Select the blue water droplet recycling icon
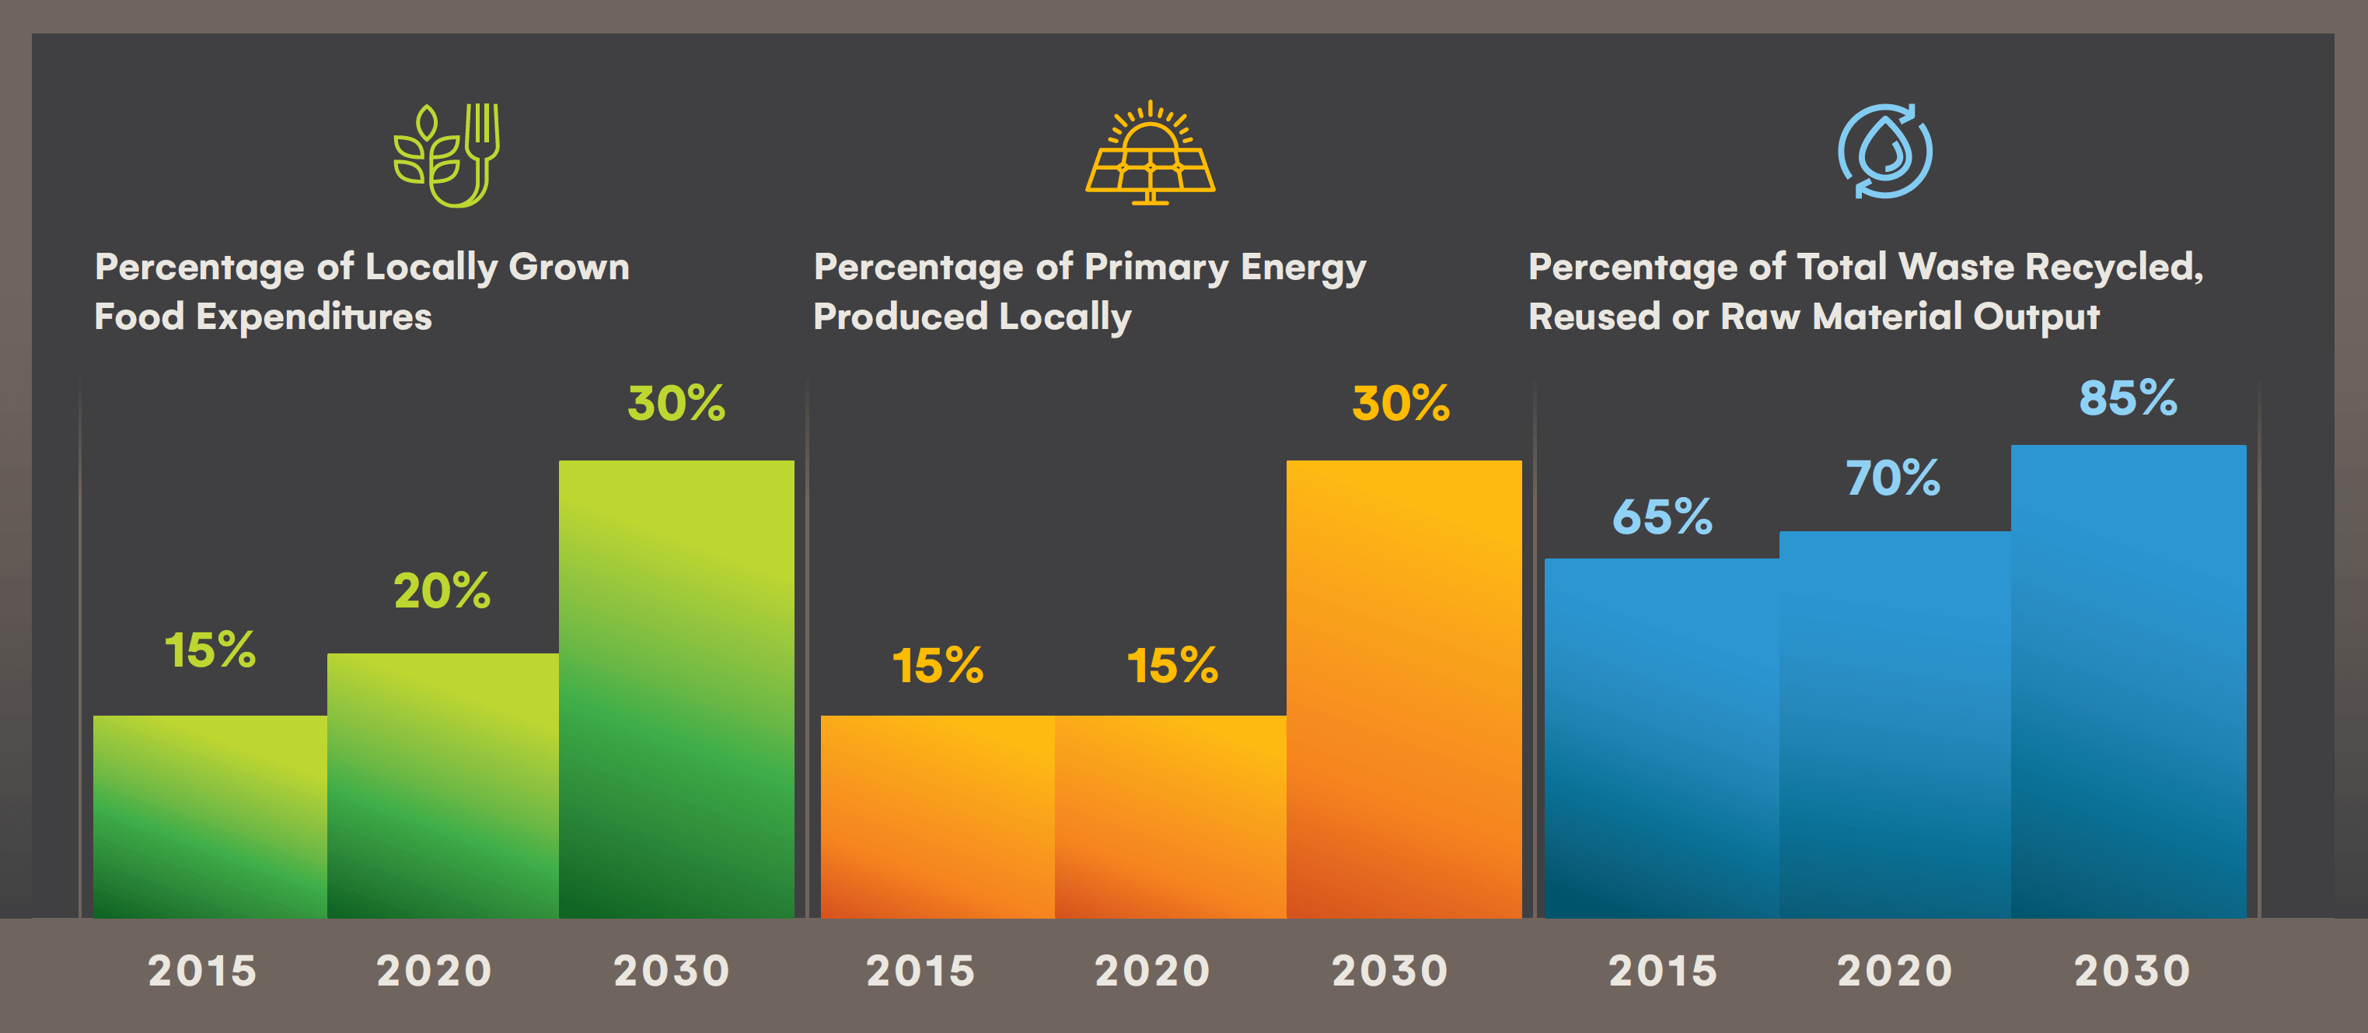click(x=1884, y=151)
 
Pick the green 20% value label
click(x=442, y=590)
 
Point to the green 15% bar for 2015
click(x=210, y=816)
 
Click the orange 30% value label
click(x=1401, y=403)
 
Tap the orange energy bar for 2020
click(x=1170, y=816)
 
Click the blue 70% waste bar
click(x=1895, y=724)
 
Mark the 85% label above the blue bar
click(x=2128, y=398)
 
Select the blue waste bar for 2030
click(x=2128, y=681)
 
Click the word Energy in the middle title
click(x=1303, y=268)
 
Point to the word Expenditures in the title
click(x=313, y=317)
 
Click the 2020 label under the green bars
click(x=435, y=971)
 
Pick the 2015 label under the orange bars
click(x=920, y=971)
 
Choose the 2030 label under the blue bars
click(x=2132, y=971)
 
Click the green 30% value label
click(x=676, y=403)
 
